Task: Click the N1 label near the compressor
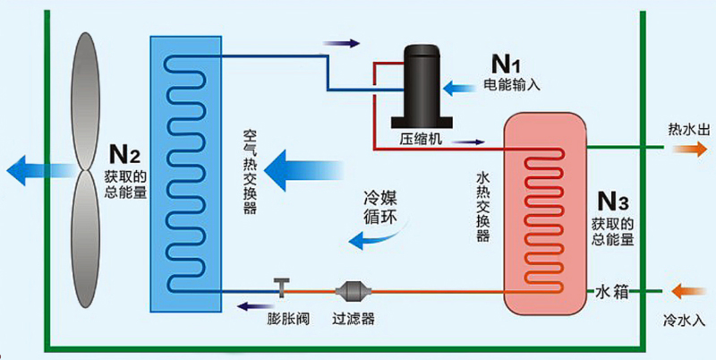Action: [506, 64]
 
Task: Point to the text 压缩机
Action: [421, 140]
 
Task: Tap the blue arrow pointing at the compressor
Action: [463, 88]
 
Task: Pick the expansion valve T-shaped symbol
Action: [282, 287]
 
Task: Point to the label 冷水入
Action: [682, 319]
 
